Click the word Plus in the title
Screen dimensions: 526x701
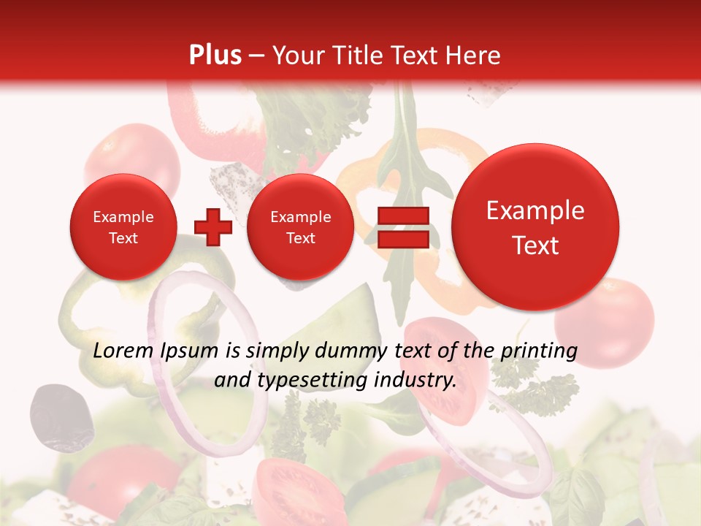click(215, 56)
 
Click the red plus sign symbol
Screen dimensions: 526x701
click(213, 227)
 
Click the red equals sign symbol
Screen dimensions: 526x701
click(402, 227)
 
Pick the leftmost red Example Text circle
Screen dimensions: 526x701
click(123, 227)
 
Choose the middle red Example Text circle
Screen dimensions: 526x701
click(300, 227)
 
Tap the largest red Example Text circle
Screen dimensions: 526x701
click(535, 227)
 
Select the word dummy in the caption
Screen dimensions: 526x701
click(353, 351)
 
